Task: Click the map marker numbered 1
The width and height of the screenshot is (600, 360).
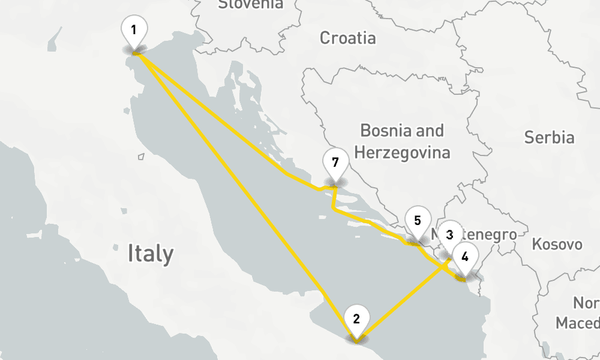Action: pos(134,29)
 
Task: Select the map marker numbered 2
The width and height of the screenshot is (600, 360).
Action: pos(356,319)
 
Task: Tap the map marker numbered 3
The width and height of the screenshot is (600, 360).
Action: pos(450,234)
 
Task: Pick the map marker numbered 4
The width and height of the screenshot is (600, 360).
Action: pos(464,257)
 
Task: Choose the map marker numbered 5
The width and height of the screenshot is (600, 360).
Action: pos(418,220)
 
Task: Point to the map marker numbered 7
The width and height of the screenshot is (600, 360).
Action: pos(335,163)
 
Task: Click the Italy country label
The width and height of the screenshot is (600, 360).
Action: pos(150,254)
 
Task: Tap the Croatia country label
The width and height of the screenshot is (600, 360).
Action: pos(347,38)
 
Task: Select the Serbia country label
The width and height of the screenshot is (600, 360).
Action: pos(549,137)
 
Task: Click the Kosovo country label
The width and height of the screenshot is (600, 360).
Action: pos(557,244)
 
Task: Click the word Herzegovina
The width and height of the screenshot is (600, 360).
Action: pos(402,152)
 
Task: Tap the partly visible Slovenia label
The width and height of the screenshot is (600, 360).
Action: pos(250,5)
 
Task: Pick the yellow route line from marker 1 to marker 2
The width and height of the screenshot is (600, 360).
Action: pos(240,186)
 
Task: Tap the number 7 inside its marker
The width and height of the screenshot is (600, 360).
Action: pos(335,163)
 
